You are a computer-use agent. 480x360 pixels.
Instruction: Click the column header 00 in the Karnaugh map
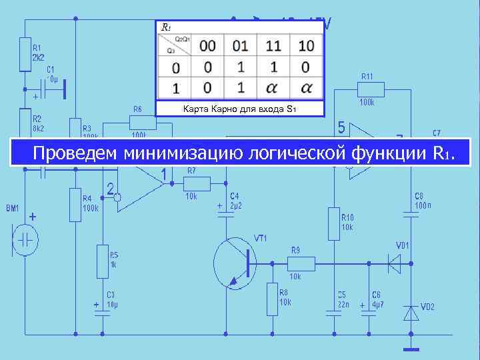tap(208, 45)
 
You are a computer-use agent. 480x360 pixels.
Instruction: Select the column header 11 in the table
tap(273, 45)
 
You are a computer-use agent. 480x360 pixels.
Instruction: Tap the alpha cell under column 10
tap(307, 87)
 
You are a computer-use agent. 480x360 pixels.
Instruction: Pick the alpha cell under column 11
tap(273, 87)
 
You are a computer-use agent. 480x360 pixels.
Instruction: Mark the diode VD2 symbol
tap(411, 312)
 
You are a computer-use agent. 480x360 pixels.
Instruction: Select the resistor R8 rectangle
tap(272, 299)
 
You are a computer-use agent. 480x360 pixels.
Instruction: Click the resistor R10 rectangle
tap(333, 223)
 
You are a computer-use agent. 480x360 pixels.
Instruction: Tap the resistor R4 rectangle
tap(75, 204)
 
